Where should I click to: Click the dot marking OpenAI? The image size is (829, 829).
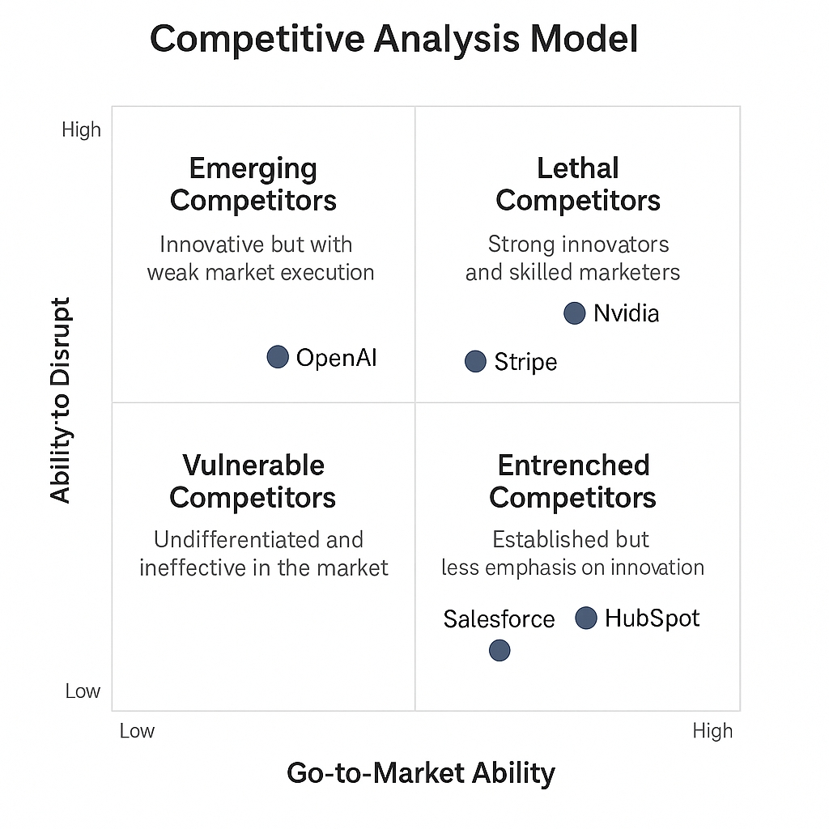(278, 357)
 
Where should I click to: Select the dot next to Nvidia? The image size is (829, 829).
(575, 313)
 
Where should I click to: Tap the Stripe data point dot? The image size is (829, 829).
(475, 362)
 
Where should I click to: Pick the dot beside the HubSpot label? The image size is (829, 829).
(586, 618)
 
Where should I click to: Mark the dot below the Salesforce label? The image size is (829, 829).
(500, 650)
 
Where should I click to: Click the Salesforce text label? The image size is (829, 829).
(499, 619)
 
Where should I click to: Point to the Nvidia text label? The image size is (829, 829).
(627, 313)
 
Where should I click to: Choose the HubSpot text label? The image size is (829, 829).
(653, 618)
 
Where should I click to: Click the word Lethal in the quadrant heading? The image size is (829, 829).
(578, 168)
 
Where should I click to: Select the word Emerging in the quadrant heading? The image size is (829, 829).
(253, 169)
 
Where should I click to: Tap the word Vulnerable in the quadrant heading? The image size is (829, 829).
(253, 466)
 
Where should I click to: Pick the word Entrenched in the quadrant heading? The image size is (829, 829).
(574, 466)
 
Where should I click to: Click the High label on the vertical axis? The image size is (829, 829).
(82, 130)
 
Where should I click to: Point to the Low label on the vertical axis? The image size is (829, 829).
(83, 691)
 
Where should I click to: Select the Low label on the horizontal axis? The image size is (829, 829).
(137, 731)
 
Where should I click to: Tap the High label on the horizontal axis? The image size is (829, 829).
(712, 731)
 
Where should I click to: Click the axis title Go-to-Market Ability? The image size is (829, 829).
(421, 773)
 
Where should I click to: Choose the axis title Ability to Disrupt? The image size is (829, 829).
(60, 400)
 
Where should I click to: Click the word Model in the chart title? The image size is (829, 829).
(585, 39)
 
